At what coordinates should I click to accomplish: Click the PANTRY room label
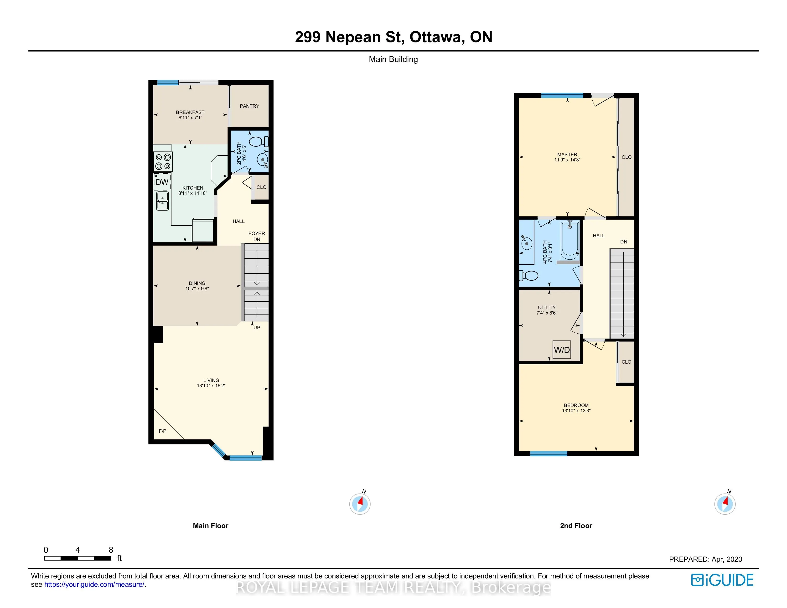click(x=249, y=106)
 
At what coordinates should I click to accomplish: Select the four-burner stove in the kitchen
click(x=163, y=161)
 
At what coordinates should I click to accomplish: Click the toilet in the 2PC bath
click(x=259, y=141)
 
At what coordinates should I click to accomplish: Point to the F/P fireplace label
click(x=162, y=431)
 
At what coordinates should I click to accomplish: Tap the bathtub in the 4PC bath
click(x=570, y=240)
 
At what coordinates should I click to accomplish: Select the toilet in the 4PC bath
click(x=528, y=276)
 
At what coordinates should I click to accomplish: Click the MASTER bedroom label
click(x=567, y=155)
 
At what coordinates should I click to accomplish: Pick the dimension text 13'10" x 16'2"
click(x=211, y=385)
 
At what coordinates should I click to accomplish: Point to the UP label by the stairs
click(x=257, y=327)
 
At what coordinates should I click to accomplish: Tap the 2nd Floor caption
click(x=576, y=526)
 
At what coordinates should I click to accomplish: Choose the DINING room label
click(x=197, y=283)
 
